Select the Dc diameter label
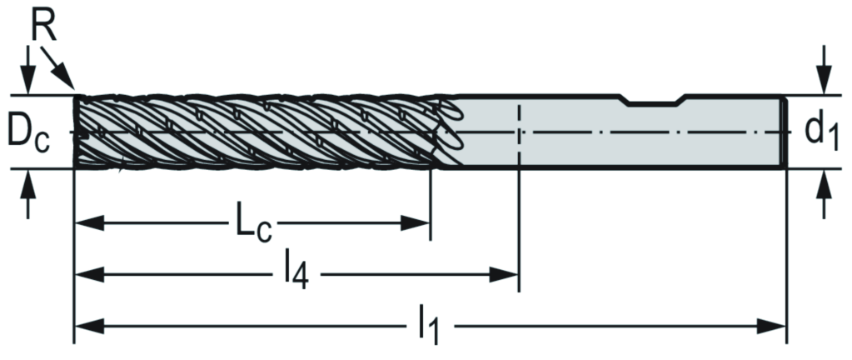click(x=28, y=132)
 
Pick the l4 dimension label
click(x=296, y=272)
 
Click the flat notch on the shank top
click(x=655, y=103)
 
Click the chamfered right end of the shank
click(x=783, y=132)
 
